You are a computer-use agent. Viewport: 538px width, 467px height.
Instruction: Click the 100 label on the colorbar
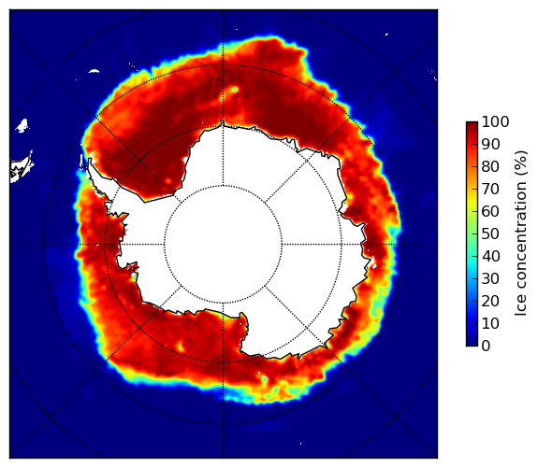(x=495, y=121)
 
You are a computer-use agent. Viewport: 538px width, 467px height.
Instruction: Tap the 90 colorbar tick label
(x=490, y=144)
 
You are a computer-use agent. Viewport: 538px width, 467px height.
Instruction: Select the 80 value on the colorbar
(x=490, y=166)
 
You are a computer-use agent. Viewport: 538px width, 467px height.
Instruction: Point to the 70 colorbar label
(x=490, y=189)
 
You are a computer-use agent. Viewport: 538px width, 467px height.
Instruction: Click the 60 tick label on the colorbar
(x=490, y=211)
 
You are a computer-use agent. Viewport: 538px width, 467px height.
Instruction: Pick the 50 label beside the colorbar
(x=490, y=234)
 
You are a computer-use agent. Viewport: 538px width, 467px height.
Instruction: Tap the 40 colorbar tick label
(x=490, y=256)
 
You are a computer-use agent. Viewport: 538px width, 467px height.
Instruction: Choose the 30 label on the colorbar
(x=490, y=279)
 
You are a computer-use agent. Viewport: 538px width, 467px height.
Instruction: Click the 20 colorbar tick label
(x=490, y=301)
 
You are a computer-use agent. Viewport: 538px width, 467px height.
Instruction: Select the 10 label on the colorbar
(x=490, y=323)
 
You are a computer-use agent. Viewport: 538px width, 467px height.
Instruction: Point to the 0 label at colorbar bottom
(x=486, y=347)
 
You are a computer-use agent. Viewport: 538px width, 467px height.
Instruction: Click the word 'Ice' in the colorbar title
(x=521, y=306)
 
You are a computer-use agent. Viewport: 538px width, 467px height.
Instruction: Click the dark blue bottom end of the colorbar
(x=472, y=345)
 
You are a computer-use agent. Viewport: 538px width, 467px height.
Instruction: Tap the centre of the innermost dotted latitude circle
(x=223, y=245)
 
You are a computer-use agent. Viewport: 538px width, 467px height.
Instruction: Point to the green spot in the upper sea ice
(x=235, y=90)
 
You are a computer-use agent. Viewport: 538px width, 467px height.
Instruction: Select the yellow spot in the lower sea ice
(x=181, y=347)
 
